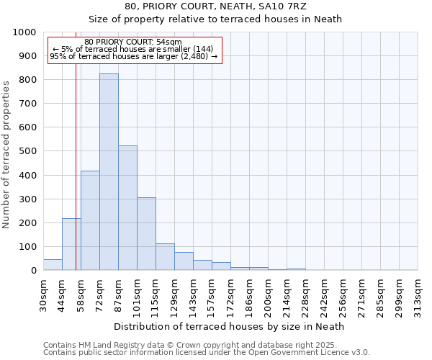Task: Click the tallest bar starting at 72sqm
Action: [109, 172]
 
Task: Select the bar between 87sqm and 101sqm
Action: [127, 208]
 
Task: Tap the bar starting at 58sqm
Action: [90, 220]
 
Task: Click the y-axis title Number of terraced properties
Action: [7, 154]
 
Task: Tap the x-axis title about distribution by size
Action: [229, 326]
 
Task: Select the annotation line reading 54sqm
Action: [133, 42]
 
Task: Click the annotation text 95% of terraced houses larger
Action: [133, 57]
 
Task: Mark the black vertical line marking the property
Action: [76, 180]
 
